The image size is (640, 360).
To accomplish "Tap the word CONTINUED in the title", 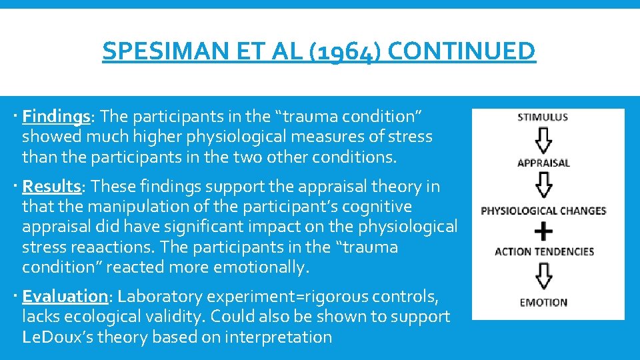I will tap(461, 51).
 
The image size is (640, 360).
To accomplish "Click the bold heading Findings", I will tap(56, 117).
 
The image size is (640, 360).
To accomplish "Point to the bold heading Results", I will tap(51, 187).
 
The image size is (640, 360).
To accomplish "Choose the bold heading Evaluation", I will tap(65, 296).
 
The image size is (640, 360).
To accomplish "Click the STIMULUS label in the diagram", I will tap(543, 117).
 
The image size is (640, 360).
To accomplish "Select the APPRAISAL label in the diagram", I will tap(543, 163).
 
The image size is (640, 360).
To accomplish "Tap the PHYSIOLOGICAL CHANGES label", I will tap(543, 211).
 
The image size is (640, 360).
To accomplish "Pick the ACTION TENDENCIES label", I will tap(544, 251).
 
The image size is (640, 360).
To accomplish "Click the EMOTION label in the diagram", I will tap(543, 302).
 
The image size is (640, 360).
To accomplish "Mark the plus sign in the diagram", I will tap(544, 231).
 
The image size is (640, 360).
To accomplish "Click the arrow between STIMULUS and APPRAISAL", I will tap(544, 140).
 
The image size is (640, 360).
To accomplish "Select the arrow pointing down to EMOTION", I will tap(544, 276).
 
